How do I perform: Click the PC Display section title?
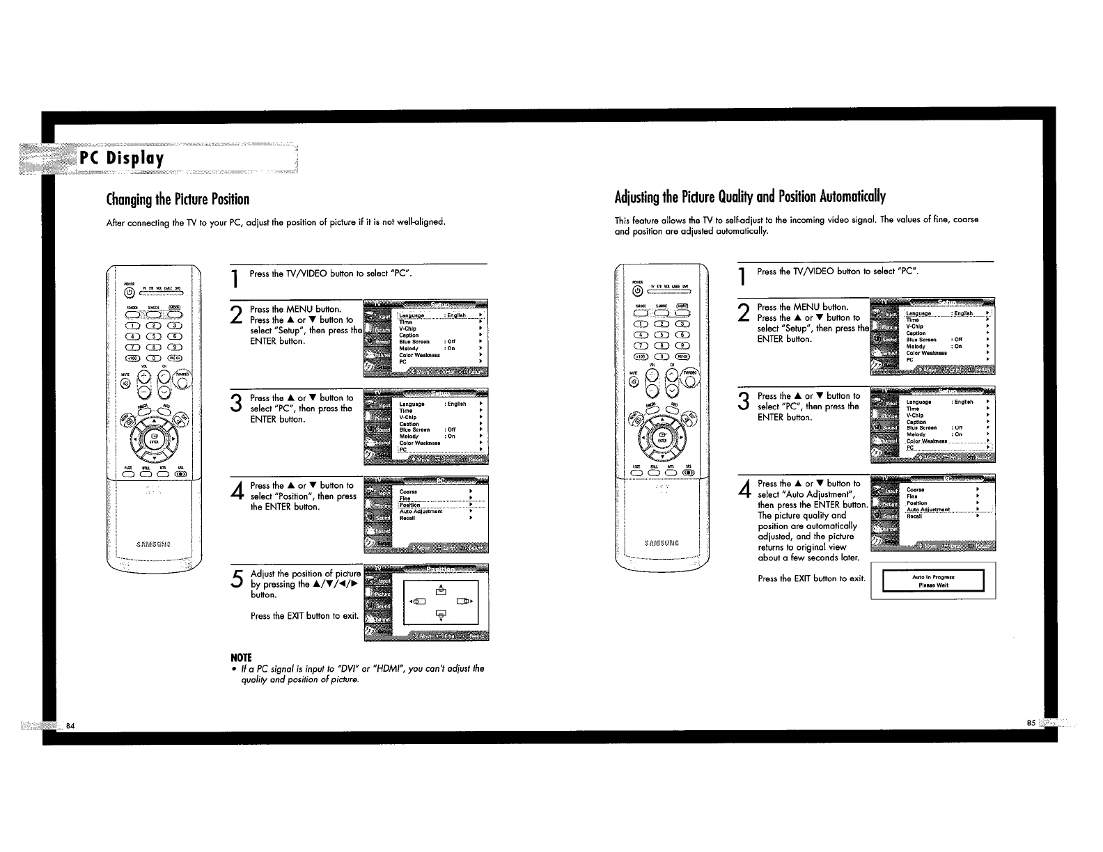(x=122, y=159)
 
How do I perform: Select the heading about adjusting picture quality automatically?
(x=750, y=196)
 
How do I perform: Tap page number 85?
(x=1031, y=723)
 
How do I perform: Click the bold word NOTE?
(x=241, y=658)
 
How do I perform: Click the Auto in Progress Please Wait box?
(x=933, y=581)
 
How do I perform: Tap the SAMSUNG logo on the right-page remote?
(x=662, y=542)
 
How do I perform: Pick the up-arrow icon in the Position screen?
(x=440, y=590)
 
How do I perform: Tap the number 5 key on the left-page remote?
(x=153, y=337)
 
